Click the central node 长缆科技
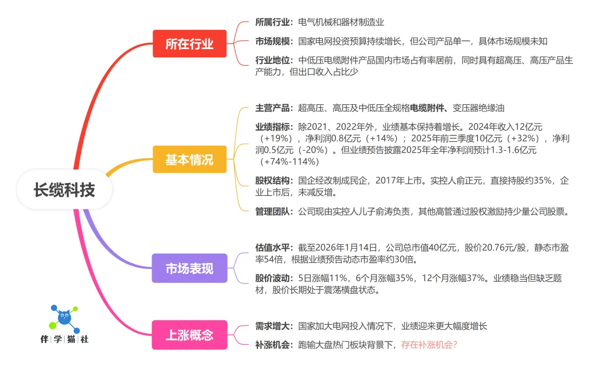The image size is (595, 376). (64, 190)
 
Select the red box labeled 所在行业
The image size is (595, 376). (189, 44)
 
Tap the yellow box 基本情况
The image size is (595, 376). (189, 160)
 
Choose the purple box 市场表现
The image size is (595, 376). (189, 268)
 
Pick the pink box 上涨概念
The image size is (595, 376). (189, 335)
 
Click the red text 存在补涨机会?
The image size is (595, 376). (429, 345)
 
